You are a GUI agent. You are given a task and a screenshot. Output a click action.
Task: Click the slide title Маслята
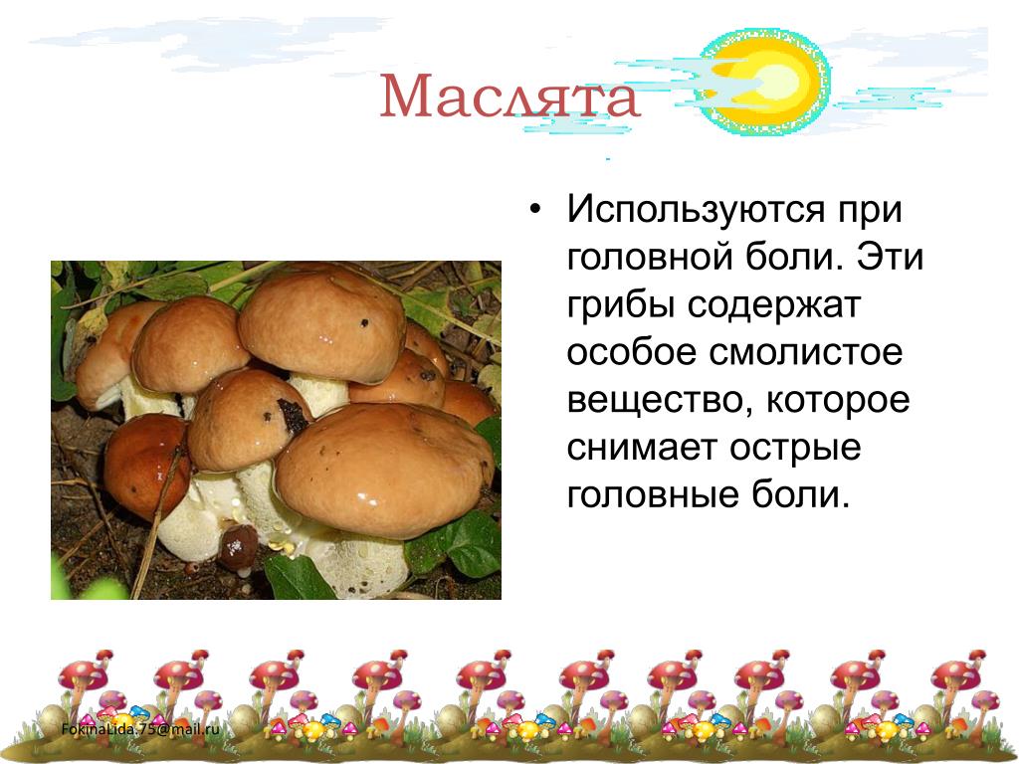[510, 96]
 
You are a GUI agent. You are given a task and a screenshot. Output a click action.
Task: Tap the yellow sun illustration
[763, 81]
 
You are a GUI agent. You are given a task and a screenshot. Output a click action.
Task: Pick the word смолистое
[806, 353]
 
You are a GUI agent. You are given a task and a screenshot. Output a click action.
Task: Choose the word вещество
[661, 401]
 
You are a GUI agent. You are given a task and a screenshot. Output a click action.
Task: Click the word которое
[838, 400]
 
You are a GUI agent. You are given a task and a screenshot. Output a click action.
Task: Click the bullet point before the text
[534, 211]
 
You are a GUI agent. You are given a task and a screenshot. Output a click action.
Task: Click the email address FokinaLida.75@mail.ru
[140, 729]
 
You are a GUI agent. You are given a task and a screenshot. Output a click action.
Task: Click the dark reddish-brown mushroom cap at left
[147, 466]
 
